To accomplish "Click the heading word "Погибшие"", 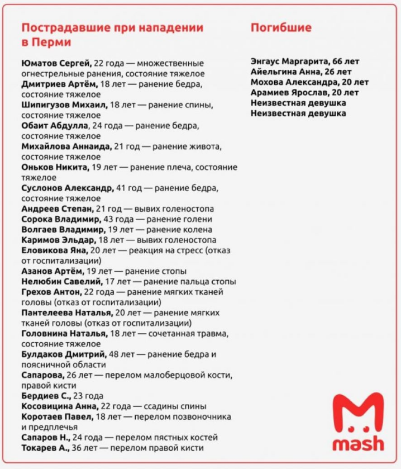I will coord(281,28).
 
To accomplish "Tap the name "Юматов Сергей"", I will coord(56,63).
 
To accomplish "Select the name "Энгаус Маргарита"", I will coord(290,61).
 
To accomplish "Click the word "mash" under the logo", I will coord(358,444).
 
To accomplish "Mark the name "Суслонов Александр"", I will coord(67,188).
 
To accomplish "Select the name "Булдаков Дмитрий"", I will coord(64,354).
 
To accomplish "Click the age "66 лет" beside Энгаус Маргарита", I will coord(347,61).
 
